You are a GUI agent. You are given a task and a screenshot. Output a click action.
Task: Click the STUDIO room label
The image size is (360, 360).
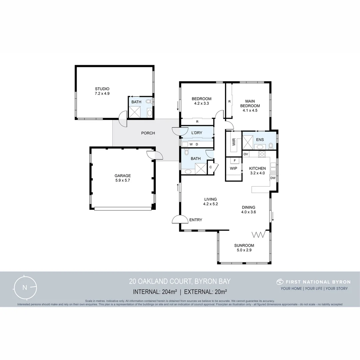(x=102, y=89)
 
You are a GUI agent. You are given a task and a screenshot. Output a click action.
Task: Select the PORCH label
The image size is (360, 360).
(x=148, y=133)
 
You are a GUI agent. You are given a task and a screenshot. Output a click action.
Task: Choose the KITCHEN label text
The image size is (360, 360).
(x=258, y=168)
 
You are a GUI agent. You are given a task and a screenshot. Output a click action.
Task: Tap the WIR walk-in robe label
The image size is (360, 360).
(x=233, y=142)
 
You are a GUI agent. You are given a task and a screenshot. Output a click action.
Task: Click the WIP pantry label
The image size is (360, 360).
(x=233, y=168)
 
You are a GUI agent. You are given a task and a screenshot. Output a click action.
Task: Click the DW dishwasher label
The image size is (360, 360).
(x=273, y=178)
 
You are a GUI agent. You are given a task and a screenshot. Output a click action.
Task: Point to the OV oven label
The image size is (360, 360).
(x=246, y=154)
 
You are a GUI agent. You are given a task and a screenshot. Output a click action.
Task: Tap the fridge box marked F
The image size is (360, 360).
(x=235, y=160)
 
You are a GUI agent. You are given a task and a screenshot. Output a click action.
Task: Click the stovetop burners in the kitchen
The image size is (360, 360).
(x=262, y=154)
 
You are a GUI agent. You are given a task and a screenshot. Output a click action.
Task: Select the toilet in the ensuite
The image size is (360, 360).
(x=271, y=146)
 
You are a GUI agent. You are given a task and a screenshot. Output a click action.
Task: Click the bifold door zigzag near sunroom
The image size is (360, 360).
(x=259, y=235)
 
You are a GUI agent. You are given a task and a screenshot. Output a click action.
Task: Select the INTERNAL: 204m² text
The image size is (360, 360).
(x=155, y=292)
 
